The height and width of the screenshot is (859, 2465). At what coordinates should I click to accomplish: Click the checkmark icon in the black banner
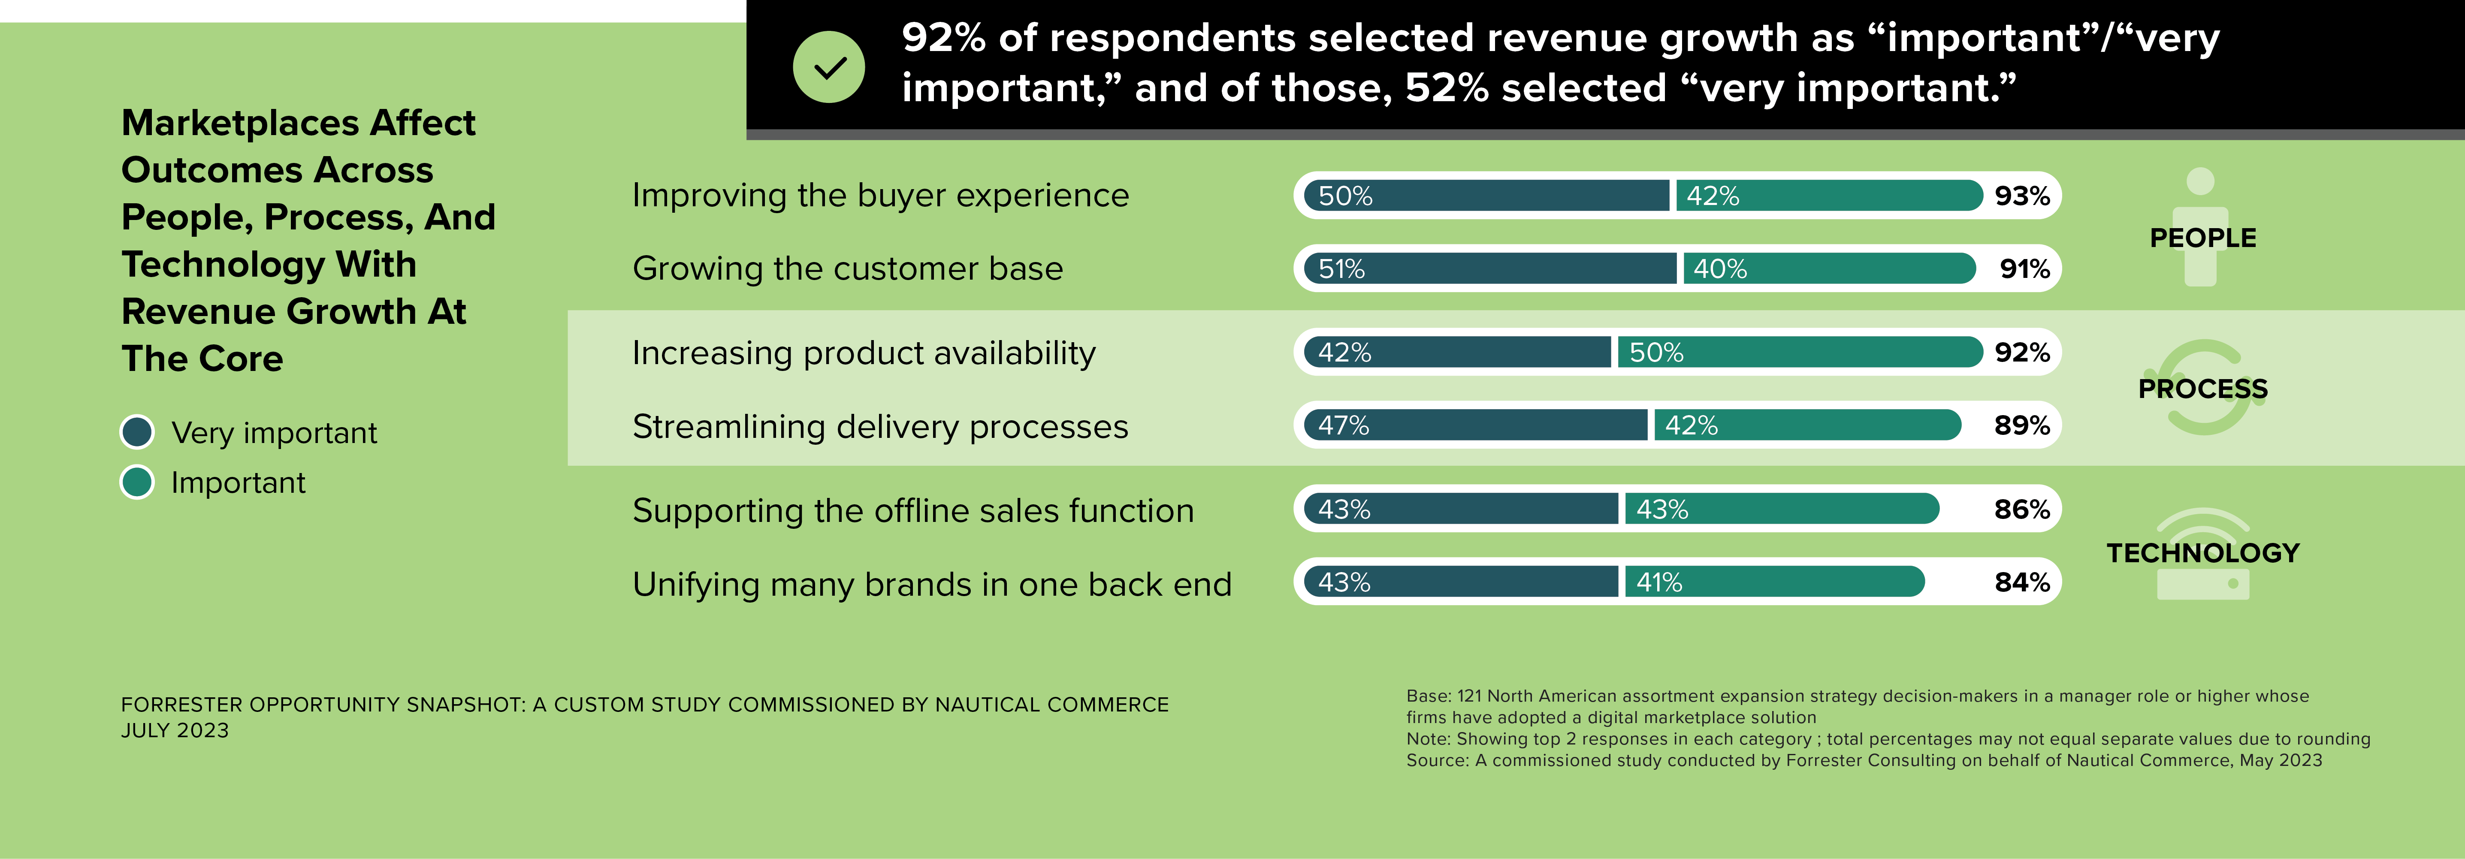coord(829,67)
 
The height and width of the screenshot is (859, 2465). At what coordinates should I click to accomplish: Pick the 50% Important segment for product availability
coord(1799,352)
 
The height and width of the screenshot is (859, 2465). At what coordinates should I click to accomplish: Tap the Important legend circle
coord(137,482)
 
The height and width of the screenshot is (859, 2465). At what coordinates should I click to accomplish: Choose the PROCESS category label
coord(2202,389)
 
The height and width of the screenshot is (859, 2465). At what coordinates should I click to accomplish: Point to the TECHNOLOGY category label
coord(2202,553)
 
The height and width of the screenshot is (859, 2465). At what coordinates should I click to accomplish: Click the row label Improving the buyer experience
coord(880,195)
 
